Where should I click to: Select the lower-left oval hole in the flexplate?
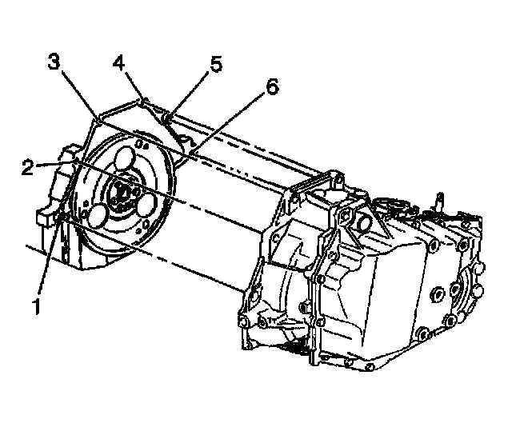(100, 216)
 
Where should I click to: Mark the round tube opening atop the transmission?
(358, 221)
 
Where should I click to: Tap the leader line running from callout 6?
(232, 121)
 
